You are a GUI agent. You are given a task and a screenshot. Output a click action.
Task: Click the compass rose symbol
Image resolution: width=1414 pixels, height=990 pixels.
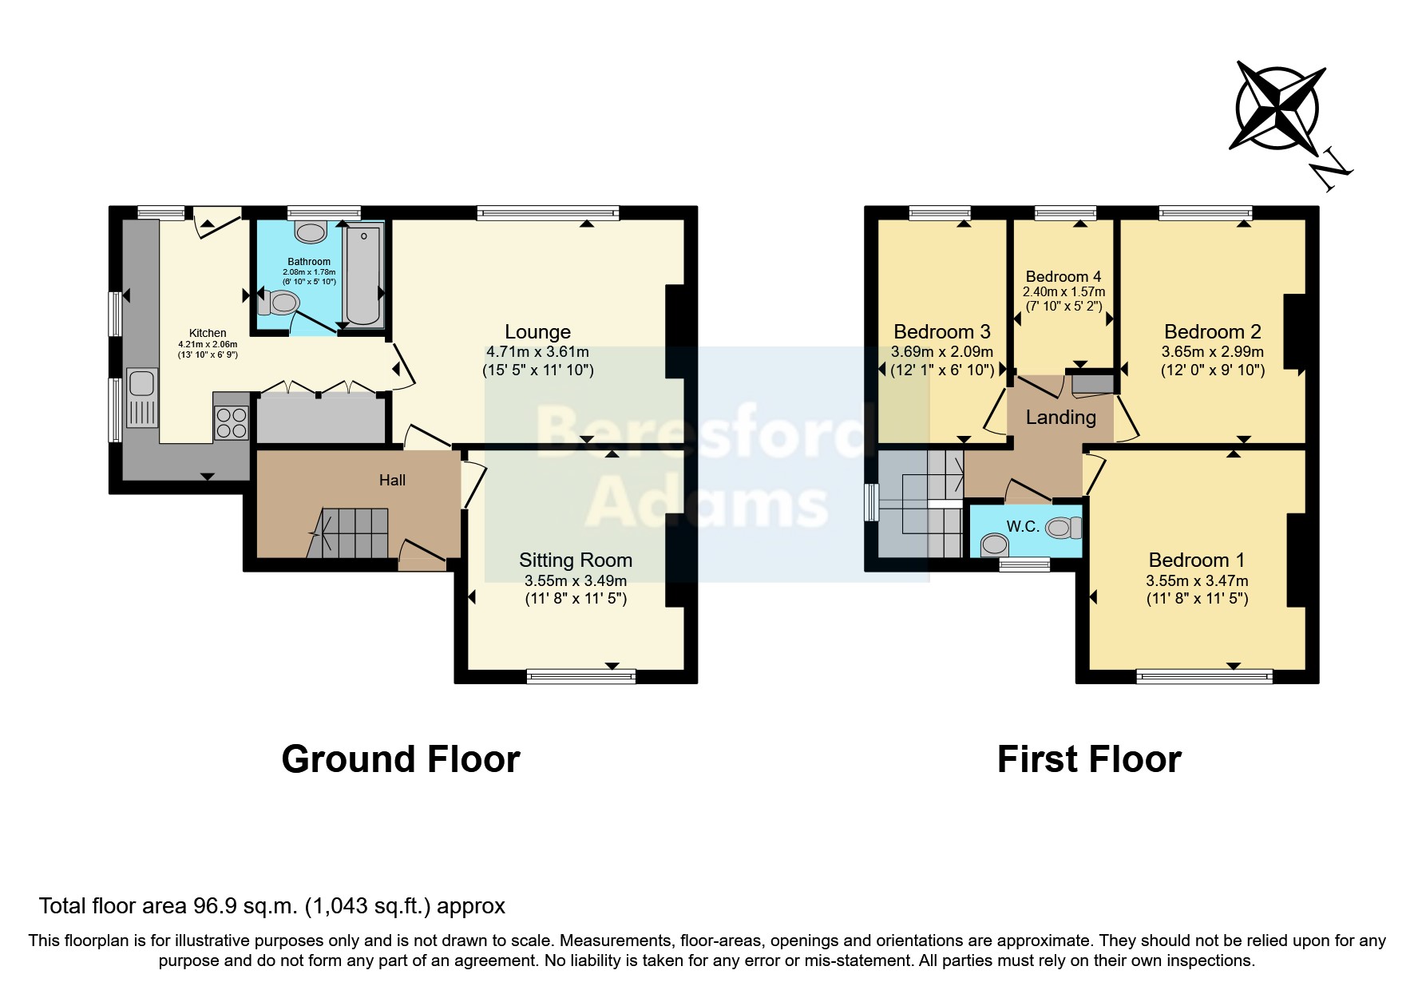point(1277,108)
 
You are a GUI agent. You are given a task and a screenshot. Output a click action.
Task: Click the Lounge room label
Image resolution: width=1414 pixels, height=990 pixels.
point(537,331)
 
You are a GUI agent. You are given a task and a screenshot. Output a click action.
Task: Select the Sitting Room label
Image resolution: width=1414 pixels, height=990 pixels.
point(575,560)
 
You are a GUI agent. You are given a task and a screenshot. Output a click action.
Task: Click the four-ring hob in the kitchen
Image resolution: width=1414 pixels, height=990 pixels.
point(232,422)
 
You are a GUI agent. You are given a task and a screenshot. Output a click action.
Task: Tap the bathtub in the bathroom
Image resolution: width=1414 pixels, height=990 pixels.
point(363,275)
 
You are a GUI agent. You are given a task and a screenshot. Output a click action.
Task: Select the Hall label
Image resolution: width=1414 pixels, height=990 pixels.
point(392,480)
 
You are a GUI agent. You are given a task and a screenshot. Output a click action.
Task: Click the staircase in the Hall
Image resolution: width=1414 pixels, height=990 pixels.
point(351,533)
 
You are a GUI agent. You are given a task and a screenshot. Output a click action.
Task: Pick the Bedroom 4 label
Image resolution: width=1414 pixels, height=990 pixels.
point(1063,277)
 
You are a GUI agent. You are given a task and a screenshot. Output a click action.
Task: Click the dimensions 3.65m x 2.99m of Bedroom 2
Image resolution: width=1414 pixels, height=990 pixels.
point(1212,351)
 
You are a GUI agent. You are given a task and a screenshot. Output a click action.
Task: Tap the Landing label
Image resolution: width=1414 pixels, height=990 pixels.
point(1060,417)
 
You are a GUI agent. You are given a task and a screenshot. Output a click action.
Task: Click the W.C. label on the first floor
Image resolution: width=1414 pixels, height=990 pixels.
point(1022,526)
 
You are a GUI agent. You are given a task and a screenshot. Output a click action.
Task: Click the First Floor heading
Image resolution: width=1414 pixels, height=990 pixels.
point(1088,758)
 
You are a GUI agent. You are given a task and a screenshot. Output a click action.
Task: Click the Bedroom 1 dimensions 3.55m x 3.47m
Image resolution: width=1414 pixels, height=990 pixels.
point(1196,580)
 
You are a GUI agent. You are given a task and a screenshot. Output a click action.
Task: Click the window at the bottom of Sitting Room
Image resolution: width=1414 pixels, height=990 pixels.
point(581,677)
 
